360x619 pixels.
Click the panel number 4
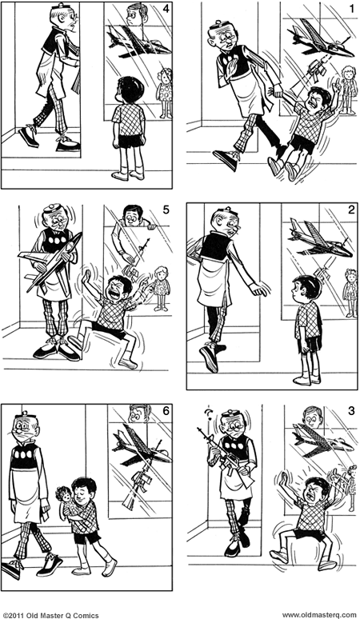[166, 9]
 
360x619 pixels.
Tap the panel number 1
[352, 9]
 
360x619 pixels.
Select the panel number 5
[166, 210]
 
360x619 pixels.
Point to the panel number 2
[351, 210]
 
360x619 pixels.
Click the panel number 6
[166, 411]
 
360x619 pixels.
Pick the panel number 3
[351, 411]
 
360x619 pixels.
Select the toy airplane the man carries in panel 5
[50, 262]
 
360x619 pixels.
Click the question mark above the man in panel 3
[210, 414]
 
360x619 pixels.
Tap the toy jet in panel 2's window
[320, 239]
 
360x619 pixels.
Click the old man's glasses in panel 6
[24, 427]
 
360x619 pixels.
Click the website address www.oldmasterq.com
[319, 615]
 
